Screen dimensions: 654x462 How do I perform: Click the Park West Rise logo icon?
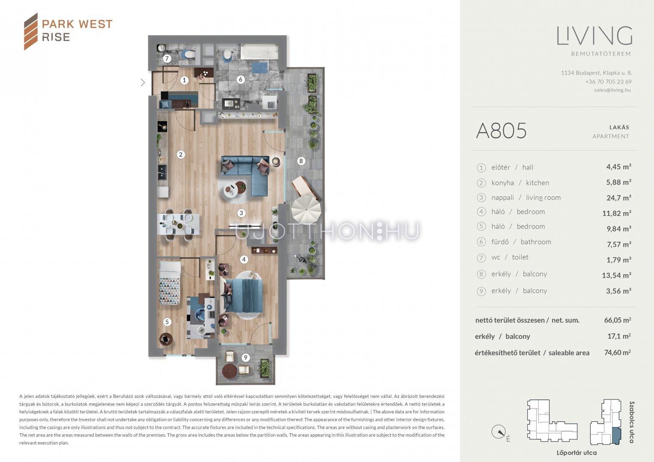tap(31, 32)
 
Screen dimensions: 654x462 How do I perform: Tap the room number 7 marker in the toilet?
tap(167, 59)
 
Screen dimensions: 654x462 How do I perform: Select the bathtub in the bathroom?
tap(259, 52)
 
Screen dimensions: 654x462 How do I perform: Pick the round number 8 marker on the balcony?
tap(301, 161)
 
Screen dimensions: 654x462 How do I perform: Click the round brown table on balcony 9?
tap(230, 371)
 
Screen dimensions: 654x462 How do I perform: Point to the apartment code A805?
tap(501, 130)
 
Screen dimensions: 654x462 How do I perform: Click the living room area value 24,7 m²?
tap(619, 198)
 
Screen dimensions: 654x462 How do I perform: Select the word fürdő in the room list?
tap(500, 242)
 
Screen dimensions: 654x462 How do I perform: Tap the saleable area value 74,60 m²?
tap(617, 352)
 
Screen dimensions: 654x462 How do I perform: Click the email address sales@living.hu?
tap(612, 90)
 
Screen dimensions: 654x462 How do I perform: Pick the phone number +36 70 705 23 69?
tap(608, 82)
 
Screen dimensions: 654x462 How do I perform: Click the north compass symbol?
tap(499, 432)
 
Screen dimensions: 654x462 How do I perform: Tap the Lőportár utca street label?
tap(576, 453)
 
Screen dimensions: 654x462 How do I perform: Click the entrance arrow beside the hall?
tap(143, 83)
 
